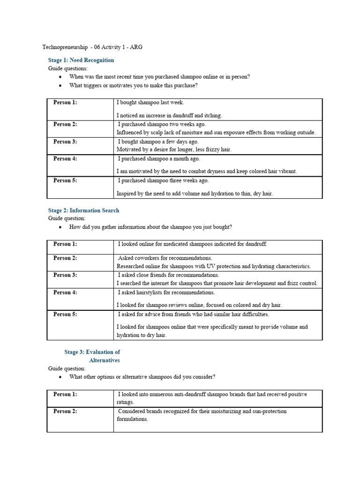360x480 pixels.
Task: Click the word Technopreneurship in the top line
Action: click(x=65, y=47)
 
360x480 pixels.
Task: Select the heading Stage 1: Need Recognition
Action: click(x=81, y=60)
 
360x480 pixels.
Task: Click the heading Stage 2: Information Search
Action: click(x=83, y=210)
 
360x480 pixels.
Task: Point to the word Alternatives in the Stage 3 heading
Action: click(x=104, y=360)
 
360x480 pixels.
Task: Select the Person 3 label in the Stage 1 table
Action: click(x=65, y=142)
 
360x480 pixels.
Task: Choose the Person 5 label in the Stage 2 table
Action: click(x=65, y=315)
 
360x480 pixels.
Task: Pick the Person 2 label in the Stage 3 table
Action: click(x=65, y=412)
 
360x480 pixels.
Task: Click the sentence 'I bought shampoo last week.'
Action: click(x=151, y=102)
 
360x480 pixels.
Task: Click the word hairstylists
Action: click(x=152, y=292)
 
